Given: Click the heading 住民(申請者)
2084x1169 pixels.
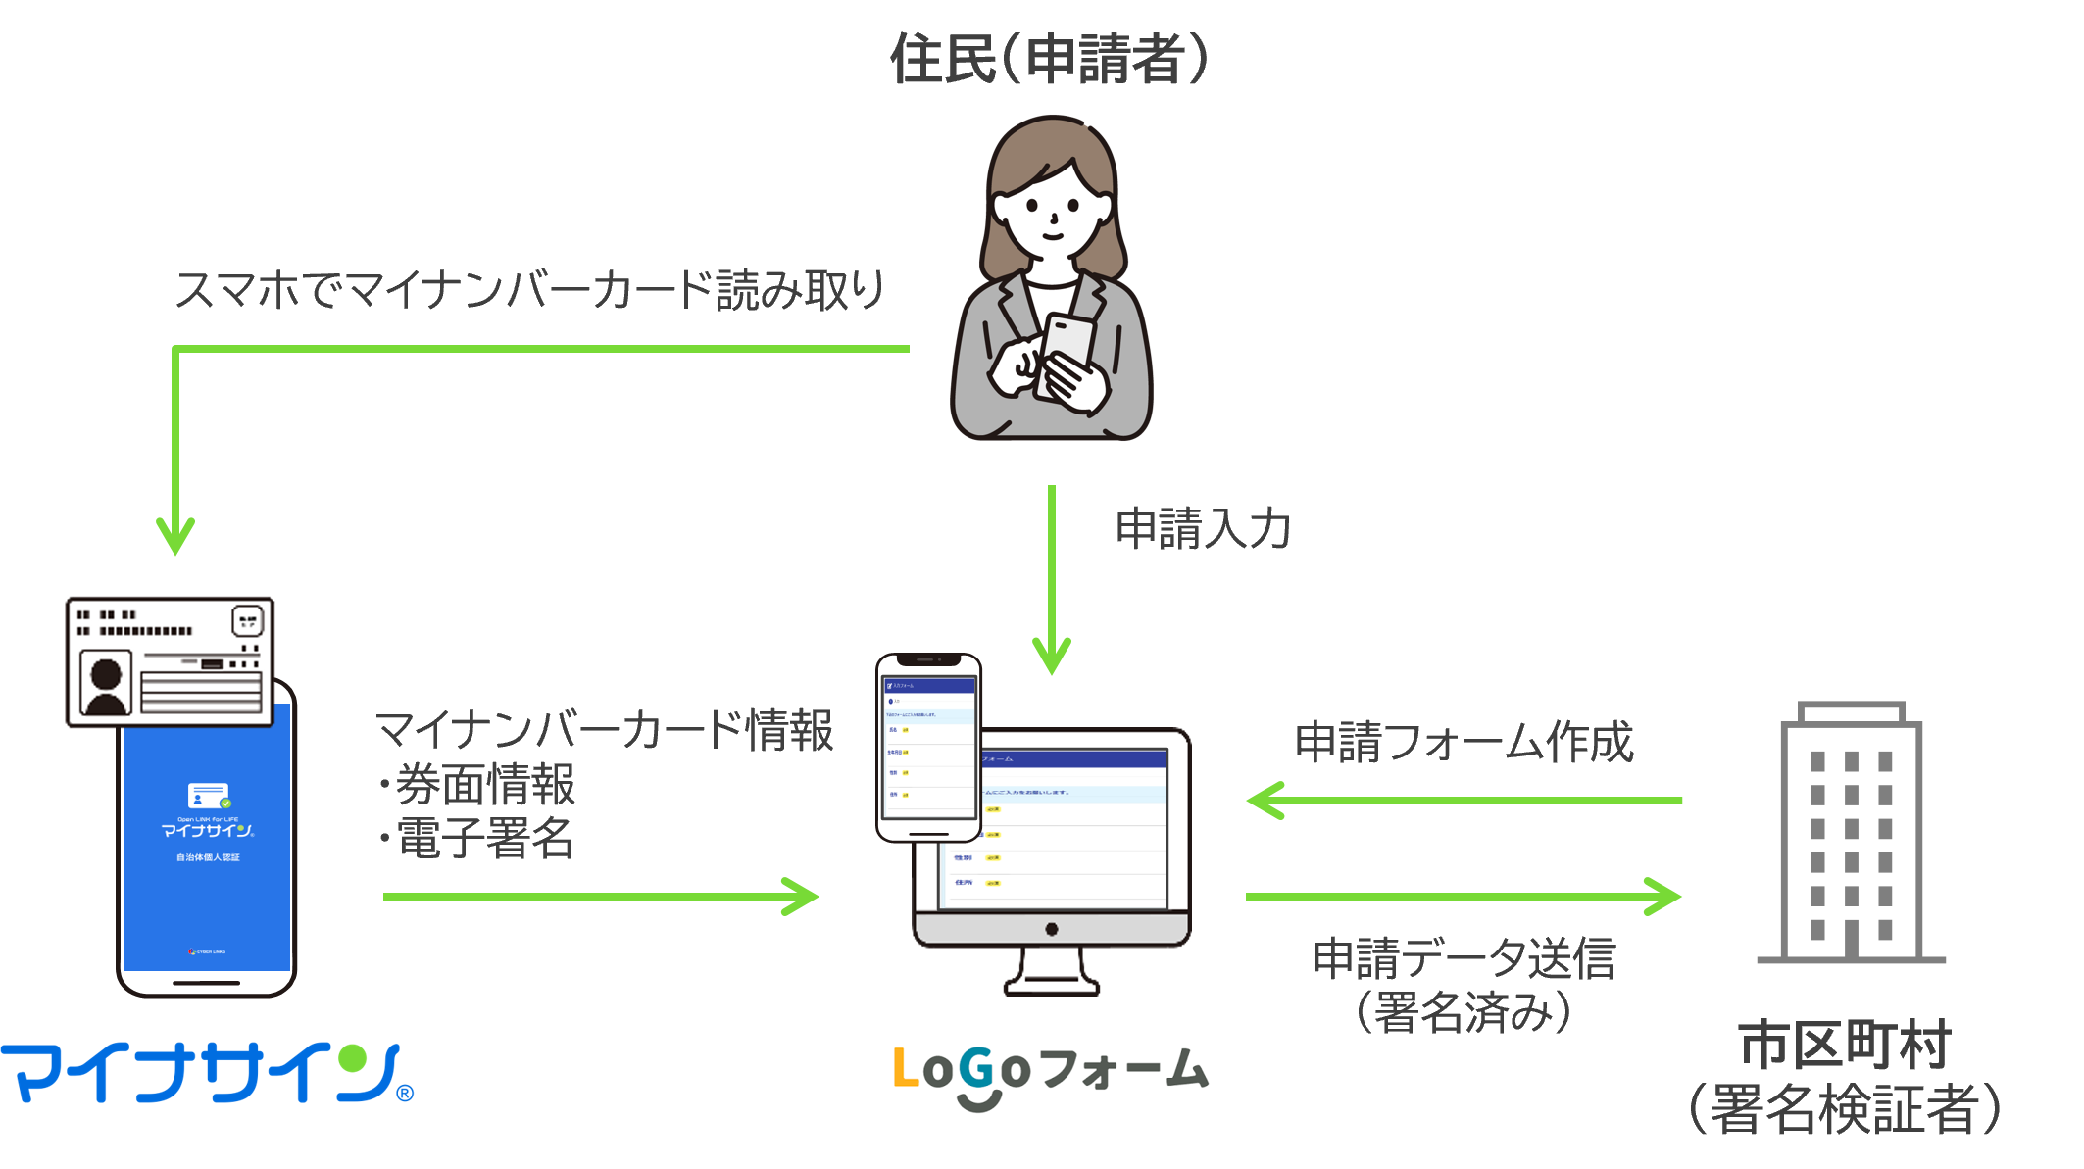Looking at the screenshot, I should click(1049, 59).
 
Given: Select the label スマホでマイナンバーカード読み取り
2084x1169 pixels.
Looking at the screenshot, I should click(529, 290).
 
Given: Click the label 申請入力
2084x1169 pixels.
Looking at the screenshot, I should click(1203, 528).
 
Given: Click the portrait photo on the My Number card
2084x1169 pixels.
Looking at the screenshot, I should click(106, 682).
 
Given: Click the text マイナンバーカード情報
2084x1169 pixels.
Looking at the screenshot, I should click(604, 731).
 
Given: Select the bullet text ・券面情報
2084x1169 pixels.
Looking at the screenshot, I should click(477, 784).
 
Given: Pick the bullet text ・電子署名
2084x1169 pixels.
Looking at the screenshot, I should click(477, 838).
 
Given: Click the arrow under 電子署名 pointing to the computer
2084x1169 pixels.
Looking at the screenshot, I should click(600, 896).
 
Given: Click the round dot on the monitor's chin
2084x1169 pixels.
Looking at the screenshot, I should click(1051, 929).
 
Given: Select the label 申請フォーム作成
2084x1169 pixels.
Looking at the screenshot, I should click(1464, 742).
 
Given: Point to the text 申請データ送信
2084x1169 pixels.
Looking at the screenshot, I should click(1464, 957).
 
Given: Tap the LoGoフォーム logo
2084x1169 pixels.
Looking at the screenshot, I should click(1050, 1074).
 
